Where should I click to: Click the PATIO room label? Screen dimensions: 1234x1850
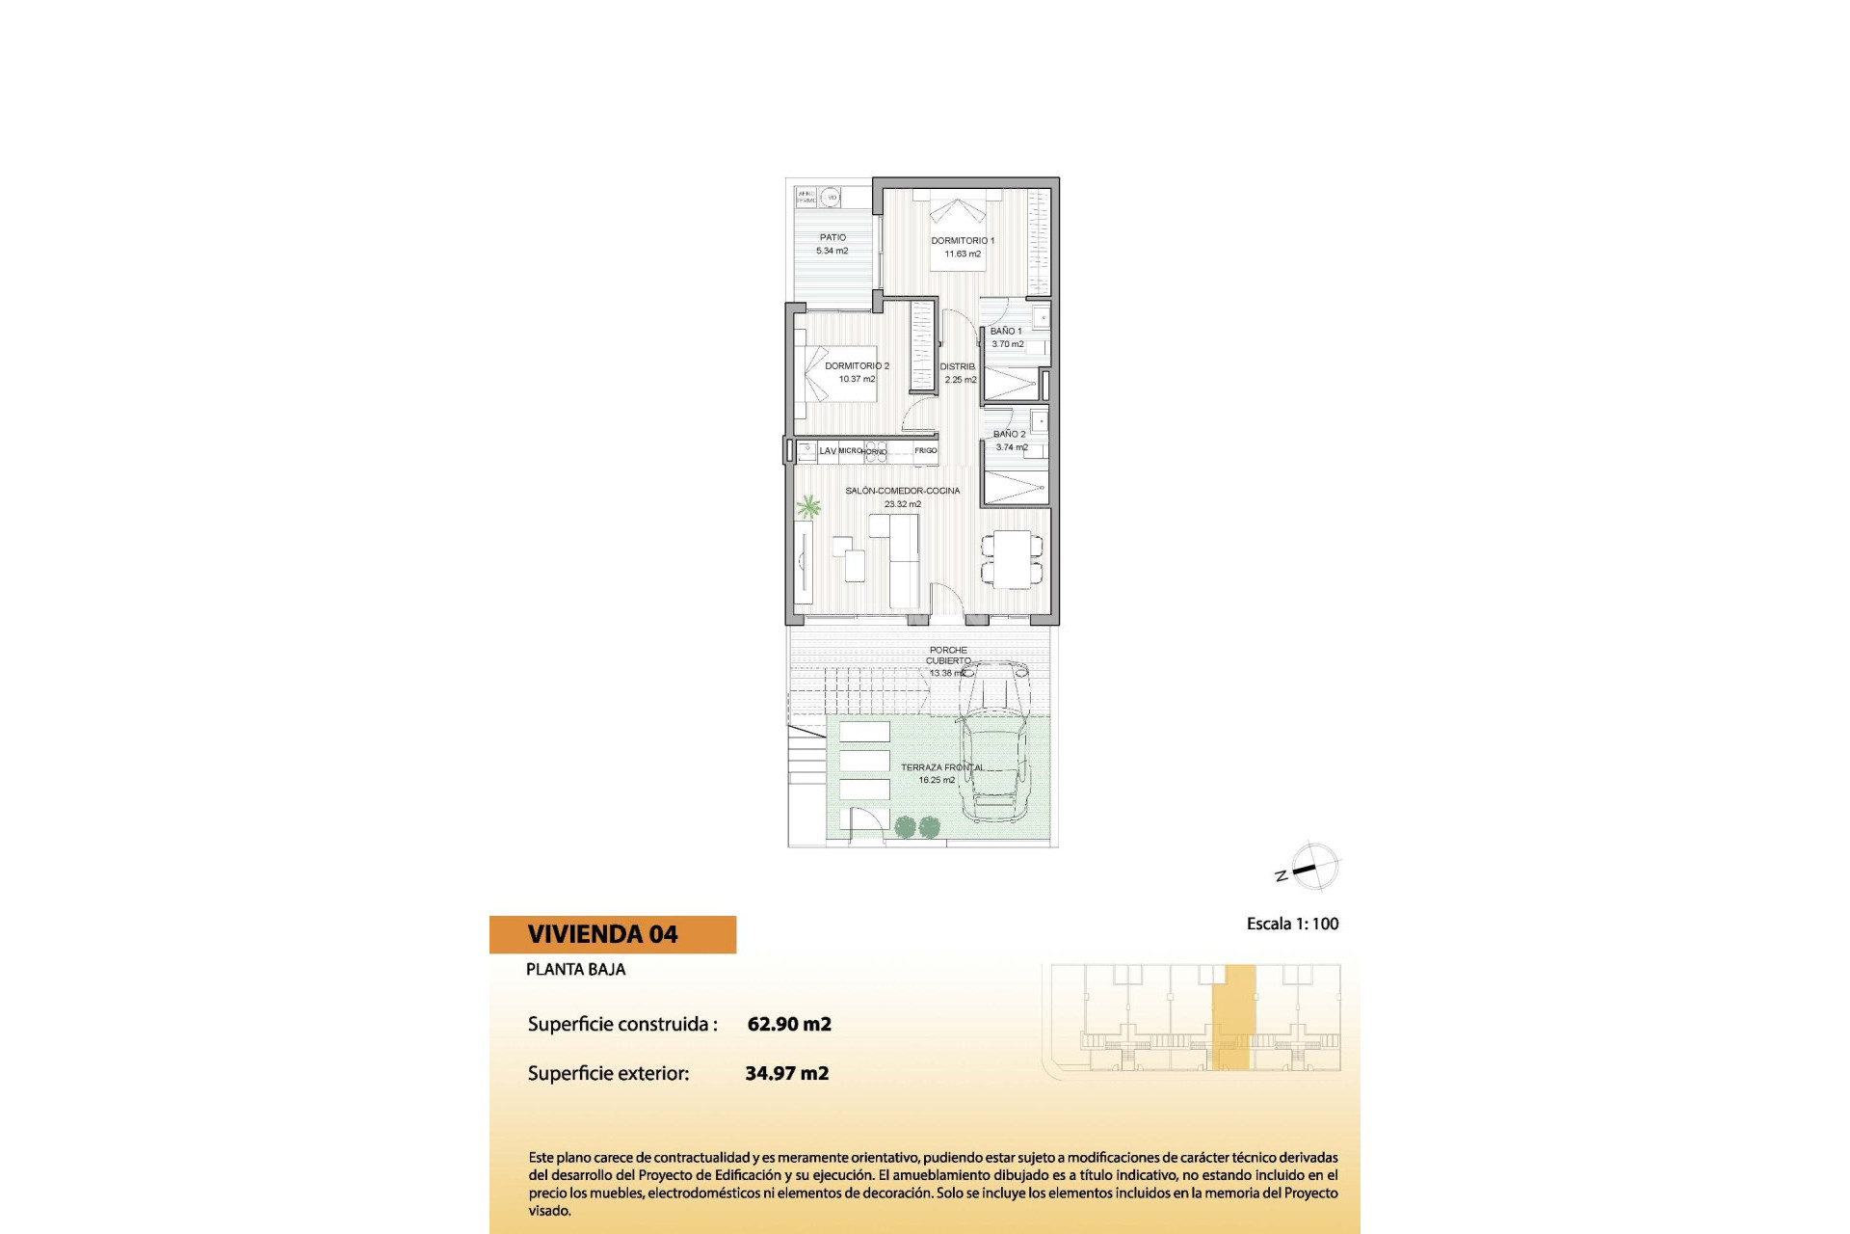(832, 237)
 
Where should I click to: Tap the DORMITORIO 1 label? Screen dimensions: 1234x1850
(963, 241)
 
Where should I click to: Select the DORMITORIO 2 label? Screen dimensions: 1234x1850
(857, 366)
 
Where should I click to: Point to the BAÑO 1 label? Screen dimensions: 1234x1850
(1006, 332)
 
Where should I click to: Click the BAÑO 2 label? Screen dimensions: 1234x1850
(1010, 435)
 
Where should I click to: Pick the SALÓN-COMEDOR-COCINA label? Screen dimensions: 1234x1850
(902, 491)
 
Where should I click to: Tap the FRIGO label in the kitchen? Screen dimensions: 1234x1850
(925, 451)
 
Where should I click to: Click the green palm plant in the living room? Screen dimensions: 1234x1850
(807, 506)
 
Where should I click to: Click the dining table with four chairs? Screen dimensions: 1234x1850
(1012, 559)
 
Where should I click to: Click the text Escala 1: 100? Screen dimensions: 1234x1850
(1292, 924)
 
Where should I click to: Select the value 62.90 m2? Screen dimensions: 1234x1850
(789, 1024)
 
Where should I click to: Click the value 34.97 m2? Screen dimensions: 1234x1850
(787, 1073)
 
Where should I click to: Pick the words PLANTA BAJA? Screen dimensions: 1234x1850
(575, 970)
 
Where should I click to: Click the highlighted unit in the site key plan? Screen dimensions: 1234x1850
(1233, 1017)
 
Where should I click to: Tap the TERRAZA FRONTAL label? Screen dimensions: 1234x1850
(942, 767)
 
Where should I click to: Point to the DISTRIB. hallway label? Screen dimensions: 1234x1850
(958, 367)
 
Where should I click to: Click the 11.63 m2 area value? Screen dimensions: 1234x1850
(963, 255)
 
